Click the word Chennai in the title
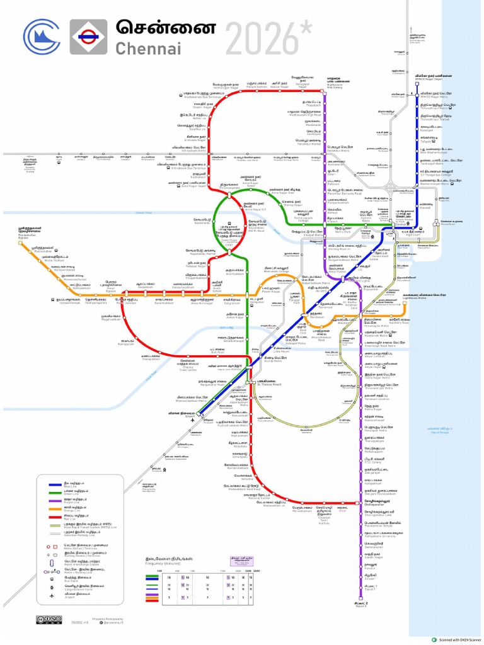tap(147, 49)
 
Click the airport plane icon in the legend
tap(52, 595)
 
